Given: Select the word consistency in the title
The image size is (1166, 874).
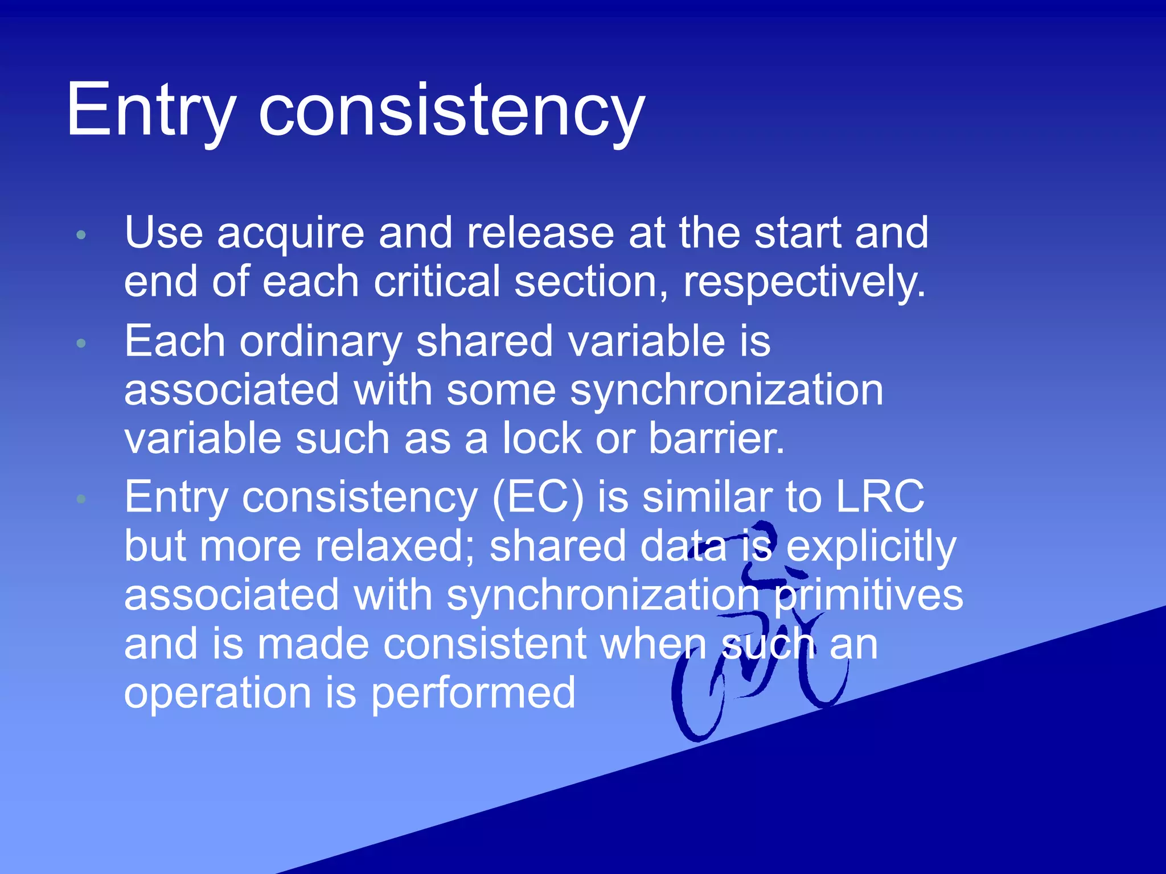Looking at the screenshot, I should point(451,111).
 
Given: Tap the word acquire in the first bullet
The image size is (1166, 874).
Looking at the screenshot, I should point(290,234).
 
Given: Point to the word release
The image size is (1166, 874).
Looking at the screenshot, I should point(540,234).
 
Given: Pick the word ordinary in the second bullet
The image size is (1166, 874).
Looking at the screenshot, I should point(321,342).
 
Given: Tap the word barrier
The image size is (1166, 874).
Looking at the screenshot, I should point(716,439).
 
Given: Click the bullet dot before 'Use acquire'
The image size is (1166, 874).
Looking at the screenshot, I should point(81,235).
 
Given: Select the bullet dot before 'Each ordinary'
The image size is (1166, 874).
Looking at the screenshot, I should point(81,343).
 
